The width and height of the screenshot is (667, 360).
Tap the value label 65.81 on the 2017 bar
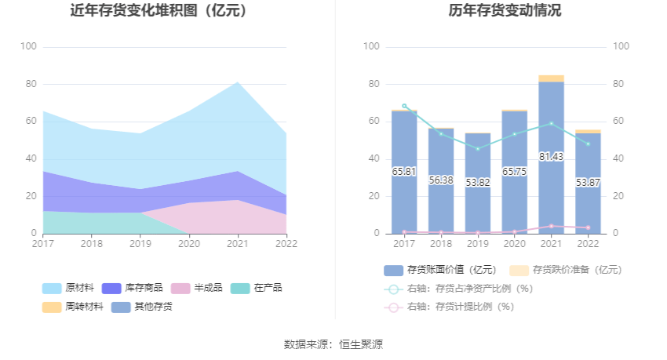pyautogui.click(x=404, y=171)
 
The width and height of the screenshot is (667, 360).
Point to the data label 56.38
pyautogui.click(x=441, y=180)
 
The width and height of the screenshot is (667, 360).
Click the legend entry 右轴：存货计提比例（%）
pyautogui.click(x=458, y=307)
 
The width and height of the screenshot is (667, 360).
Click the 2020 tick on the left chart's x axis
pyautogui.click(x=189, y=244)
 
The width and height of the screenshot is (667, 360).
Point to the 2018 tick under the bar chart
pyautogui.click(x=441, y=244)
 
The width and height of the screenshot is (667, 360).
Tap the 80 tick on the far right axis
pyautogui.click(x=620, y=84)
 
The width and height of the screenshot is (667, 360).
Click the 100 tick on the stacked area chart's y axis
pyautogui.click(x=28, y=47)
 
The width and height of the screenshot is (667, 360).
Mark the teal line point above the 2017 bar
pyautogui.click(x=404, y=106)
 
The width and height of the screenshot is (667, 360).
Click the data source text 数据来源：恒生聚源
pyautogui.click(x=333, y=344)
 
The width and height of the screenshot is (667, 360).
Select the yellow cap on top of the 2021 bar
pyautogui.click(x=551, y=78)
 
